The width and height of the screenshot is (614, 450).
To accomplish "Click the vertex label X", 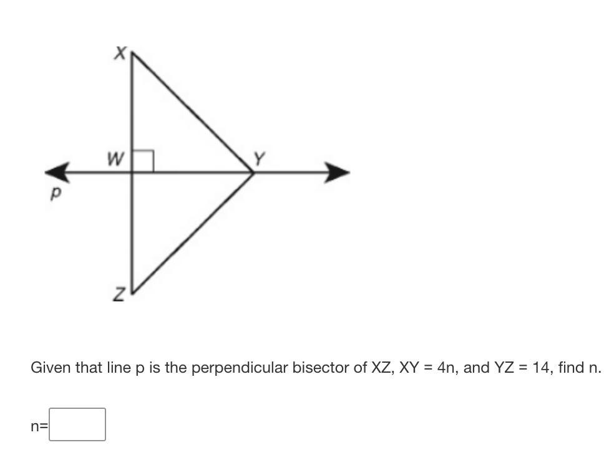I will pos(120,54).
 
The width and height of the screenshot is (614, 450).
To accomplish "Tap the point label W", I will pos(115,160).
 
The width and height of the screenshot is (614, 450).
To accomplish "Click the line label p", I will pos(56,194).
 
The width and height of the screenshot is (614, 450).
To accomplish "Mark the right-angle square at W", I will pos(143,161).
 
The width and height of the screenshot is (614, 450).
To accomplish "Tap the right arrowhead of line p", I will pos(336,172).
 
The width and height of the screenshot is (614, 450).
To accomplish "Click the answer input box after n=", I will pos(77,424).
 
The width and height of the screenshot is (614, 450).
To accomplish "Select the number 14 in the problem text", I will pos(538,368).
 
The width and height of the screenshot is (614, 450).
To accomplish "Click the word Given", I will pos(51,368).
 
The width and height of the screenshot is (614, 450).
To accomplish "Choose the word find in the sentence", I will pos(572,368).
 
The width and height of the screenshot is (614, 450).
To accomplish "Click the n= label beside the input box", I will pos(39,426).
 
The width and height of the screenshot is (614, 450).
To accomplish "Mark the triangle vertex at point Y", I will pos(253,173).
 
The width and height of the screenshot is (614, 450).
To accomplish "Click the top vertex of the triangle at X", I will pos(133,54).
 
